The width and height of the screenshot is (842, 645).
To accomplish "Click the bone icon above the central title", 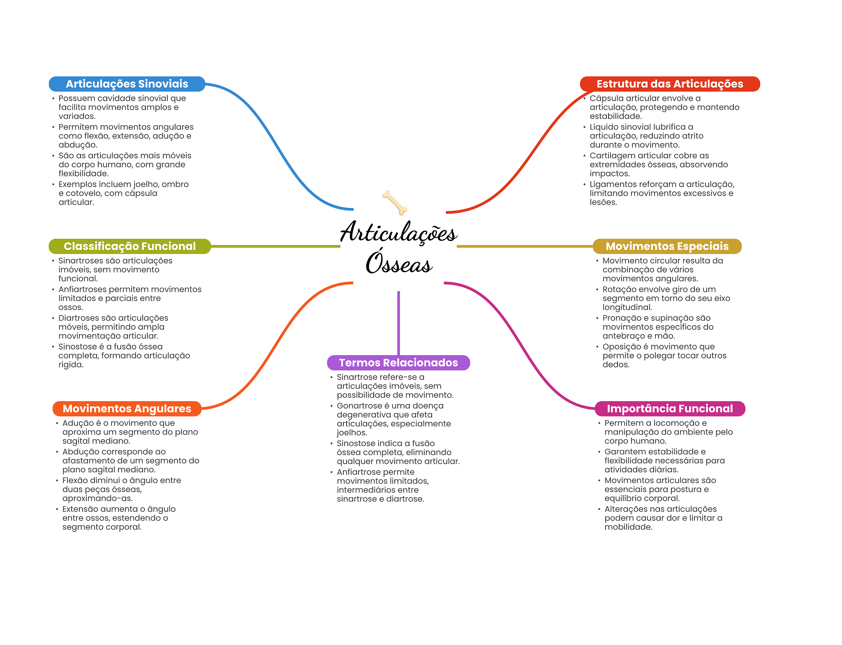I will click(x=395, y=202).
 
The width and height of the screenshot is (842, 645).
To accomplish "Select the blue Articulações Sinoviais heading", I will click(x=127, y=84).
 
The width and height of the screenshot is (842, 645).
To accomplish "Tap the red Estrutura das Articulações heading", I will click(x=670, y=84).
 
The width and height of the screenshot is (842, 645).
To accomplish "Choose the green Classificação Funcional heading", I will click(x=130, y=246).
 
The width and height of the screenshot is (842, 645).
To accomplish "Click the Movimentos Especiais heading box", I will click(x=667, y=246).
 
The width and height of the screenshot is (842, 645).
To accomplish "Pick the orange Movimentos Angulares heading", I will click(x=127, y=409).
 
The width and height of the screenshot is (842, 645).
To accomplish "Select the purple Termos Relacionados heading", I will click(x=398, y=363).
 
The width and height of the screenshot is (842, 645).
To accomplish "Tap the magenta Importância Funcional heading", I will click(x=670, y=409).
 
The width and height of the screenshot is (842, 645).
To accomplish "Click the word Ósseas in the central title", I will click(x=399, y=264).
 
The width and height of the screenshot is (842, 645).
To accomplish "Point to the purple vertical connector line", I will click(x=398, y=323).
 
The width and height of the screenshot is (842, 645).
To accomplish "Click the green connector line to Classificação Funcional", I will click(x=275, y=246).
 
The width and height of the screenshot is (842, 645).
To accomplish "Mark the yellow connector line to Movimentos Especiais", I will click(x=524, y=246).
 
